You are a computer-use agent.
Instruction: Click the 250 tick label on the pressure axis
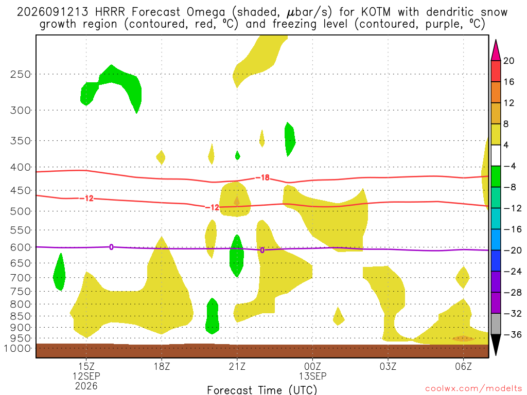pos(20,74)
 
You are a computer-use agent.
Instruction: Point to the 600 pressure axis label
pos(20,247)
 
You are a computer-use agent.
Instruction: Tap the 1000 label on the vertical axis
pos(17,348)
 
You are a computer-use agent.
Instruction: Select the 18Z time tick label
pos(162,366)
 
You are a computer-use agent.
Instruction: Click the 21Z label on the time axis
pos(237,366)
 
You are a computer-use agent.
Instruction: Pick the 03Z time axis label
pos(388,366)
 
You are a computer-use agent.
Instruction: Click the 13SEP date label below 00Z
pos(312,376)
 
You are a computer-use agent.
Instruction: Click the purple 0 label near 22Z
pos(262,250)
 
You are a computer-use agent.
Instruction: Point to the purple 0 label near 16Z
pos(111,247)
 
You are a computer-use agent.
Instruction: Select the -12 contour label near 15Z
pos(86,199)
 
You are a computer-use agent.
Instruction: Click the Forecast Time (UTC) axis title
pos(262,390)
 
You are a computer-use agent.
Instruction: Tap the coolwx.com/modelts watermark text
pos(473,389)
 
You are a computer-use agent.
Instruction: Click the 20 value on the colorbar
pos(509,61)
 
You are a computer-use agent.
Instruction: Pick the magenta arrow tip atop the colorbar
pos(496,40)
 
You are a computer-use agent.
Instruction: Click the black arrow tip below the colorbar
pos(496,355)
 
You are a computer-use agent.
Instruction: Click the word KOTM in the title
pos(376,12)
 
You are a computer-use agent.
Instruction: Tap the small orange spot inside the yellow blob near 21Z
pos(237,201)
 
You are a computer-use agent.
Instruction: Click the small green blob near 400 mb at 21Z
pos(238,155)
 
